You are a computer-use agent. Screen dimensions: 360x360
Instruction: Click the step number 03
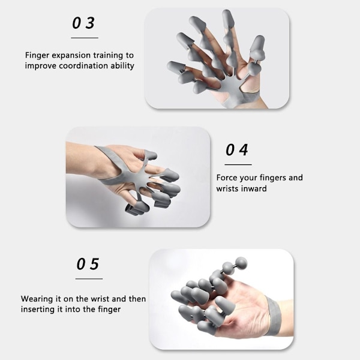tap(83, 23)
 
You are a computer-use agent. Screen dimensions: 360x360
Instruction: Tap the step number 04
tap(237, 150)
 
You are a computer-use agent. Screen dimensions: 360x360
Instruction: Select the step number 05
tap(88, 264)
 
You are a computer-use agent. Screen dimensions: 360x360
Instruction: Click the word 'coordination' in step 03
tap(83, 66)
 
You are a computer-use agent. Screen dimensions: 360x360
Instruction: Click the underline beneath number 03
tap(85, 38)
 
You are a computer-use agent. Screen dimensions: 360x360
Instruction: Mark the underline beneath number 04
tap(238, 164)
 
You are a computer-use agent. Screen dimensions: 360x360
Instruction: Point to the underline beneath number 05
tap(89, 279)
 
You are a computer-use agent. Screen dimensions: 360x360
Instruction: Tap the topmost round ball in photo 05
tap(241, 262)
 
